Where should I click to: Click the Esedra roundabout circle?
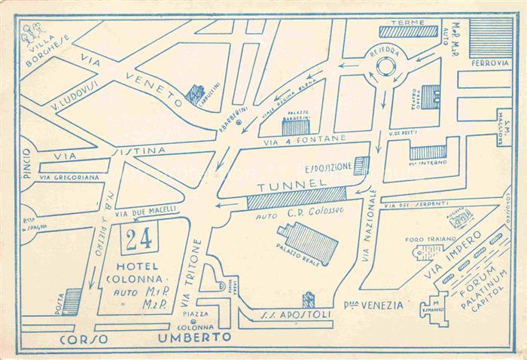[385, 66]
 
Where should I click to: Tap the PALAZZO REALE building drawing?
[306, 241]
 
